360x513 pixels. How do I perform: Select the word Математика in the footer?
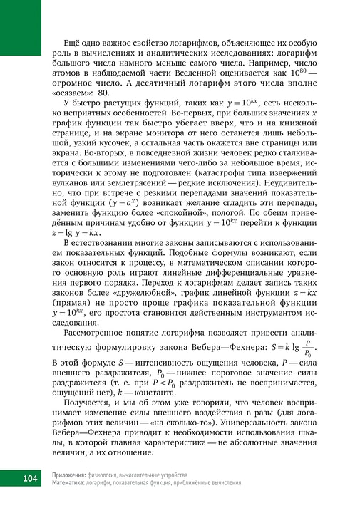(x=71, y=482)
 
